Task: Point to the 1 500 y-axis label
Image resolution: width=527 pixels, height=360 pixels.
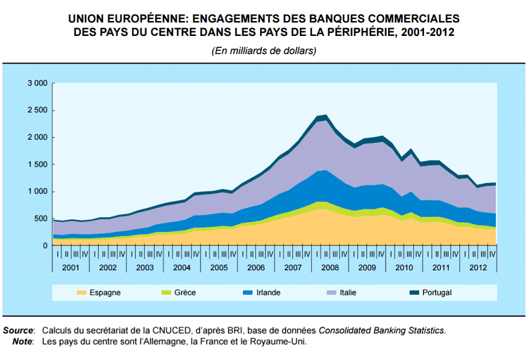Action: click(x=38, y=164)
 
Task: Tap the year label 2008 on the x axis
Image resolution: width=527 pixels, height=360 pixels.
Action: click(x=329, y=268)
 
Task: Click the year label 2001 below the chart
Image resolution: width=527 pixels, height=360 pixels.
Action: click(x=71, y=268)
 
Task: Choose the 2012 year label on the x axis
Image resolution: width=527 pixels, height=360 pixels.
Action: click(x=477, y=268)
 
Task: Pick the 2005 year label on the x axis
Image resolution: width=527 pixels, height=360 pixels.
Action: click(x=219, y=268)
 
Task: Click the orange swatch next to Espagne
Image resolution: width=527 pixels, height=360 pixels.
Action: click(x=80, y=293)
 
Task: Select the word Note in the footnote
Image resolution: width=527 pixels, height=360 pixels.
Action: click(x=23, y=341)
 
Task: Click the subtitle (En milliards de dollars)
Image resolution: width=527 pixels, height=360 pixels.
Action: click(x=263, y=51)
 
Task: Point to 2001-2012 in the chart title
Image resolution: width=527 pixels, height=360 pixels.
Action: click(x=425, y=32)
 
